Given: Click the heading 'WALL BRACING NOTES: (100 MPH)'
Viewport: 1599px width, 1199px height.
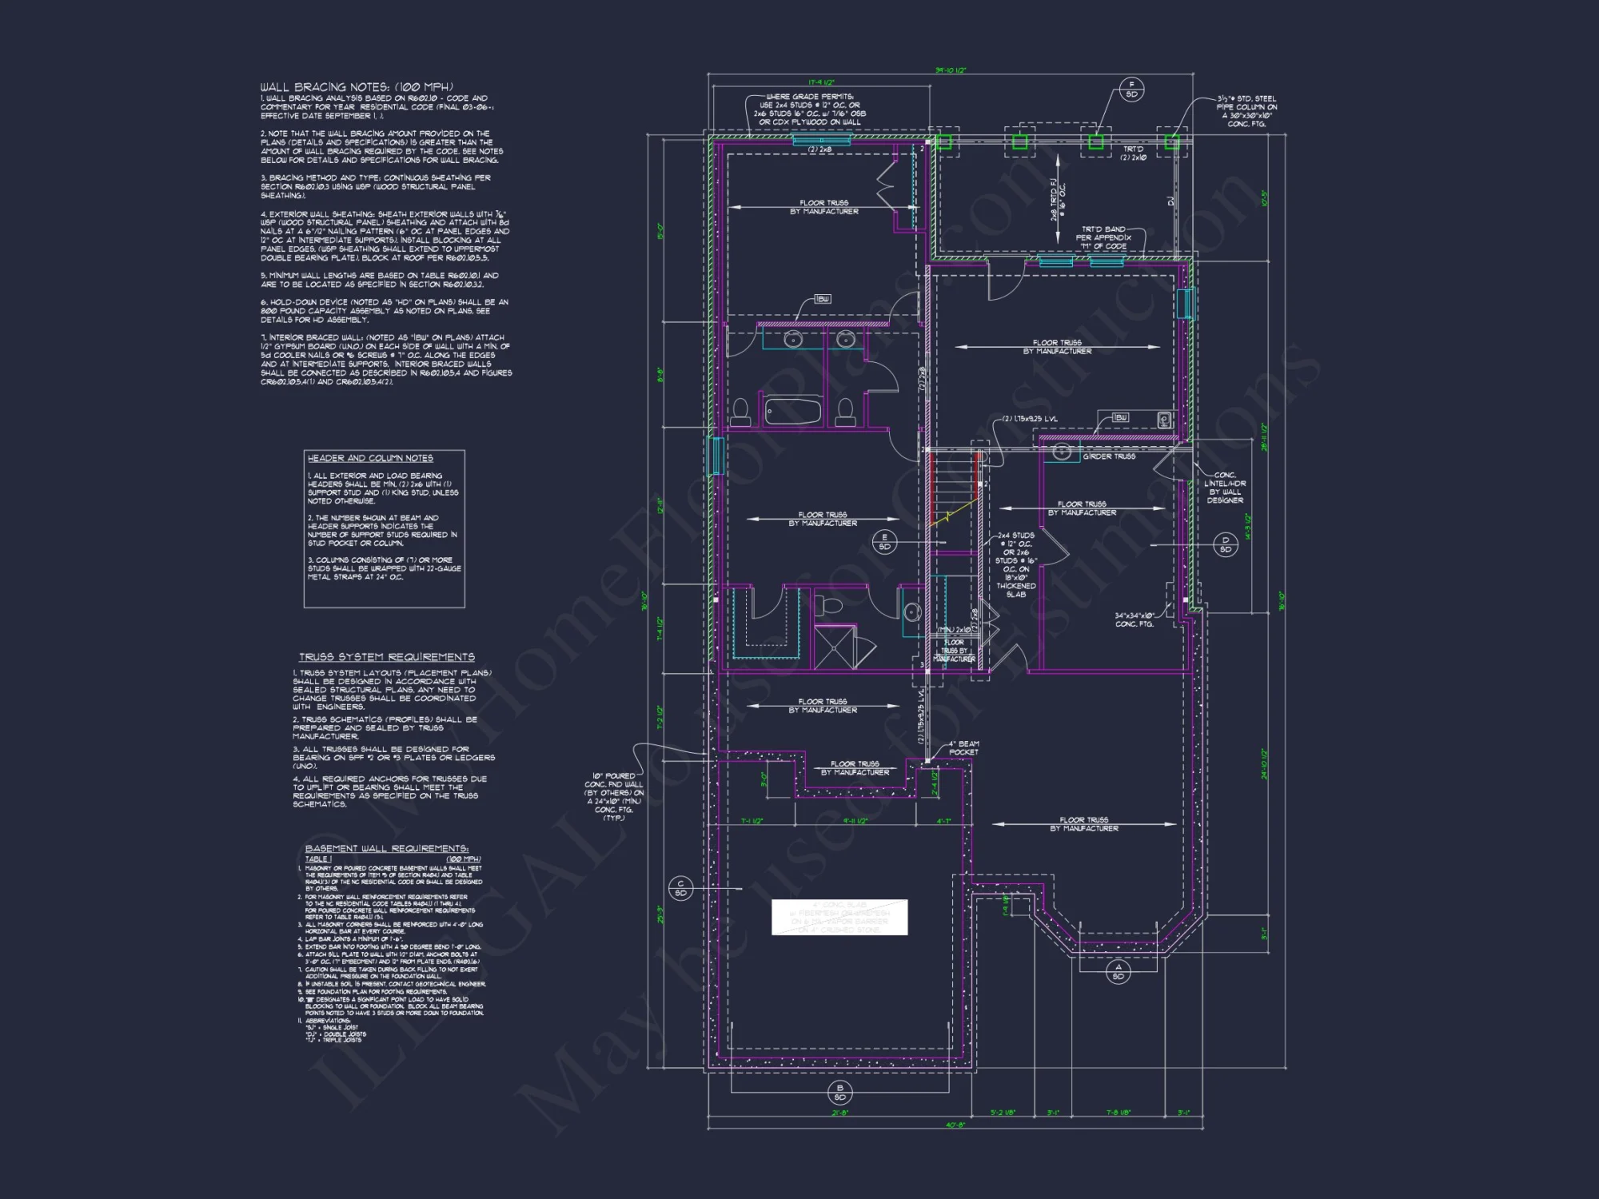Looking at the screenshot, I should (357, 86).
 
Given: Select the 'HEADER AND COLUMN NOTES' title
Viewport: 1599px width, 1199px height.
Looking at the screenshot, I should (370, 458).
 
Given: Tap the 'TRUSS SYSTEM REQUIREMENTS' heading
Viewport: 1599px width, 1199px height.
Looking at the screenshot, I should (387, 657).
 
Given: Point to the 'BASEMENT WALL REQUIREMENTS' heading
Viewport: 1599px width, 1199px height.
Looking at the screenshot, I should (387, 848).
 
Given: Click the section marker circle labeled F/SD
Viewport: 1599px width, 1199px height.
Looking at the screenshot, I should (1131, 90).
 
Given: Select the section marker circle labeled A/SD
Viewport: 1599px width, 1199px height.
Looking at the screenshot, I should (1118, 972).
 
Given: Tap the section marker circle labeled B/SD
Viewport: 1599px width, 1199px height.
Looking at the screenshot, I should (839, 1093).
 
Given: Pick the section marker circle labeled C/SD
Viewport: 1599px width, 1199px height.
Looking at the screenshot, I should (680, 888).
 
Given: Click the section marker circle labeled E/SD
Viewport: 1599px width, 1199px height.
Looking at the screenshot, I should (884, 542).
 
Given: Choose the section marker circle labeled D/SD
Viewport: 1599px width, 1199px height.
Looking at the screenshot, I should (1225, 544).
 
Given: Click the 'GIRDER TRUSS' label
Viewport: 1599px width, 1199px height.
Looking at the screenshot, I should (1109, 456).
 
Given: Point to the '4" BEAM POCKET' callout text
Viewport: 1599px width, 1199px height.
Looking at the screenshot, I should (963, 748).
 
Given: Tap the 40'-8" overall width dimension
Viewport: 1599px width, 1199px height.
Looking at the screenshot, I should (955, 1125).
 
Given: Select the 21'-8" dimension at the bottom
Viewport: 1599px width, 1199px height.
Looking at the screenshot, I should (839, 1112).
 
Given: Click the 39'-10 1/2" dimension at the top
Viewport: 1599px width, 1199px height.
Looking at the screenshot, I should (951, 71).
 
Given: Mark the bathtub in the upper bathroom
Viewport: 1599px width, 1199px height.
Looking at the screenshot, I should (792, 411).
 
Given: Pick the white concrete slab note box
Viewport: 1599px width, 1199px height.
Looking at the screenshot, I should (839, 917).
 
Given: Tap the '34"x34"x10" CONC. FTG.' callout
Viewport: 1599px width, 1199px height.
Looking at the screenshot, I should (1134, 619).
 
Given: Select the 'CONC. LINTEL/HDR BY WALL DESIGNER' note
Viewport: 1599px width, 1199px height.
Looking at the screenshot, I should (1225, 487).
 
